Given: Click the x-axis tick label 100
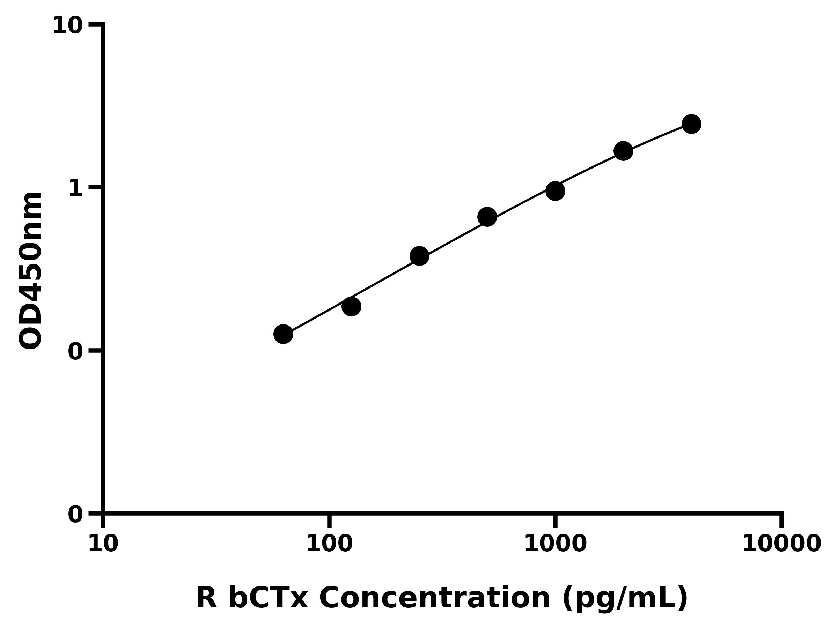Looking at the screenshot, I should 329,544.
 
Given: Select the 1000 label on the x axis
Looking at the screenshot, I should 555,544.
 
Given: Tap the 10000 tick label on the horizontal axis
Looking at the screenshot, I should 781,544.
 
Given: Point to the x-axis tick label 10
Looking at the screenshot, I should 103,544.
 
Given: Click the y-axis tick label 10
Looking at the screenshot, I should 67,26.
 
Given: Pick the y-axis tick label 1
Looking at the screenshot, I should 76,188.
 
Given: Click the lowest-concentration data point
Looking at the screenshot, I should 283,334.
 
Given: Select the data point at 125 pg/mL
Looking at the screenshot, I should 351,306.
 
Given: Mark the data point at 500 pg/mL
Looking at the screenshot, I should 487,217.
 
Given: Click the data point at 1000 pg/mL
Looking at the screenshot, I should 556,191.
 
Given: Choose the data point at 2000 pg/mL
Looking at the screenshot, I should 623,151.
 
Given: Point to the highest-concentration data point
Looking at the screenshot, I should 691,124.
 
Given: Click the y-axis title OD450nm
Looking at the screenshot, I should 30,270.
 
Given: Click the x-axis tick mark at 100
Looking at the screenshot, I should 329,521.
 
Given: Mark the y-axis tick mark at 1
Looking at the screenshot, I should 95,187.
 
